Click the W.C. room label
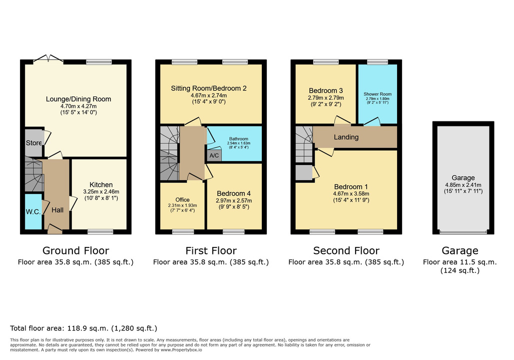tap(33, 211)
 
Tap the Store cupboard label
tap(34, 143)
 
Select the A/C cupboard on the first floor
tap(214, 155)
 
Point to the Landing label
tap(346, 137)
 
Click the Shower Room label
tap(378, 94)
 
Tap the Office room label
tap(183, 199)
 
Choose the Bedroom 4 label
tap(234, 193)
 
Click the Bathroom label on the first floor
tap(239, 139)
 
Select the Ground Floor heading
tap(76, 250)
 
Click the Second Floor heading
tap(346, 250)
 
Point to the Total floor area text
tap(83, 328)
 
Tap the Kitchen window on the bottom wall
tap(100, 232)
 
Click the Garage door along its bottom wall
tap(463, 231)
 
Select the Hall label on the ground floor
tap(57, 210)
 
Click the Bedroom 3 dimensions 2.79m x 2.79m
tap(326, 98)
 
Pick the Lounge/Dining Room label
tap(78, 99)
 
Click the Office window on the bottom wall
tap(183, 232)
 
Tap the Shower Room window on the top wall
tap(378, 61)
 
